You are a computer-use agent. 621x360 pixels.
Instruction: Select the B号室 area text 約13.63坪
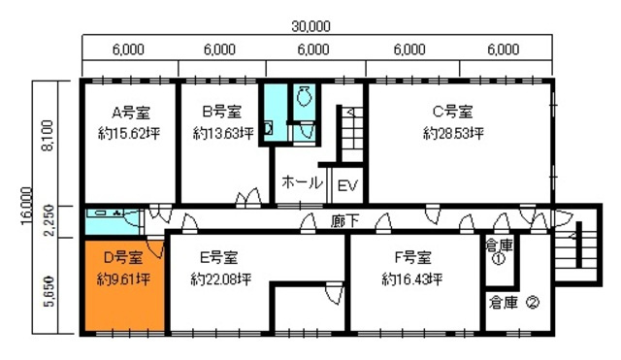point(223,132)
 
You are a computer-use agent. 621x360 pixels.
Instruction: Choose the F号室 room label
point(411,258)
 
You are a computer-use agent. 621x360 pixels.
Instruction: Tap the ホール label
point(303,182)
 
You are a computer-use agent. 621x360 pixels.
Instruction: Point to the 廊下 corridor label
point(344,220)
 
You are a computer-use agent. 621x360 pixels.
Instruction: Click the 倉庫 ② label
point(514,301)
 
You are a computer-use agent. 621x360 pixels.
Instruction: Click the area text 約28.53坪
point(453,132)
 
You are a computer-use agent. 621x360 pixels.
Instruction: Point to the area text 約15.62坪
point(128,132)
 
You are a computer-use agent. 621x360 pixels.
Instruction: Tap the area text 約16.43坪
point(411,278)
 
